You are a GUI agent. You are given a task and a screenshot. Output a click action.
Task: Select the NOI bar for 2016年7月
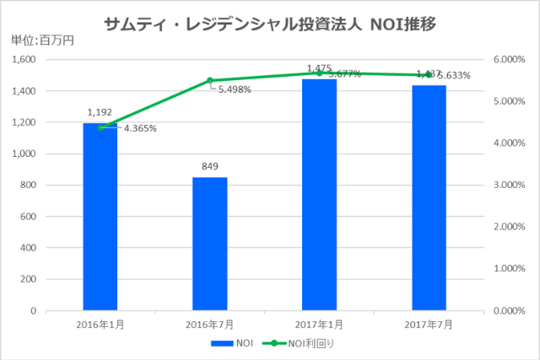pyautogui.click(x=210, y=244)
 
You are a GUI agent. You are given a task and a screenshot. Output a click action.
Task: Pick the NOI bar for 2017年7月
pyautogui.click(x=429, y=197)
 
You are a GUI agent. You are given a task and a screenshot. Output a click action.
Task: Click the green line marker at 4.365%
pyautogui.click(x=101, y=127)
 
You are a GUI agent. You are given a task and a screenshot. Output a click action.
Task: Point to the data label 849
pyautogui.click(x=210, y=167)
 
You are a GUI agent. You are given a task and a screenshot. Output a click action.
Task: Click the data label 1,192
pyautogui.click(x=100, y=111)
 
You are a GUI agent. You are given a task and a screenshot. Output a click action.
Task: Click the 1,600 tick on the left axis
pyautogui.click(x=24, y=60)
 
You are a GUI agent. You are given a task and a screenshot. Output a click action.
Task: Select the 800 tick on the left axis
pyautogui.click(x=28, y=185)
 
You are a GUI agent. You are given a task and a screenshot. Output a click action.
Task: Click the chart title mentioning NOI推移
pyautogui.click(x=270, y=24)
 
